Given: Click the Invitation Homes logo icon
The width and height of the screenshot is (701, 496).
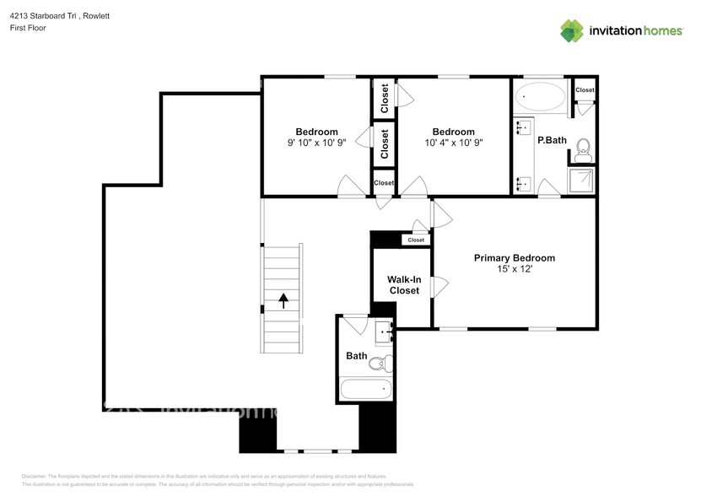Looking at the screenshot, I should tap(572, 30).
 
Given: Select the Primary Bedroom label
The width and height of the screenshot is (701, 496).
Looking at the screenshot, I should tap(514, 258).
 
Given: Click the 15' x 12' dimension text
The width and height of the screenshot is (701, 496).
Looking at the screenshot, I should tap(514, 270).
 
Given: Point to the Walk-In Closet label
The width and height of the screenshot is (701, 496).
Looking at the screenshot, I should tap(404, 285).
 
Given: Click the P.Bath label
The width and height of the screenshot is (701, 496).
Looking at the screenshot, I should tap(552, 140).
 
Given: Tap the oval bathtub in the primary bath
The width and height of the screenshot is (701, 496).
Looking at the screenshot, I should tap(541, 97).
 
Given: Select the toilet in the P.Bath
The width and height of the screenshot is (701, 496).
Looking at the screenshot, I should tap(583, 150).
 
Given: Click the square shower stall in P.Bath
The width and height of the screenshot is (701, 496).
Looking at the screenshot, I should tap(581, 182).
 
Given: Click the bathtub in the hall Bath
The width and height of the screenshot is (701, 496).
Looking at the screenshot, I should tap(367, 389).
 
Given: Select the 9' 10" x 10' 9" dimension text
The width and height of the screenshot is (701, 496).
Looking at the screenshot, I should tap(316, 143).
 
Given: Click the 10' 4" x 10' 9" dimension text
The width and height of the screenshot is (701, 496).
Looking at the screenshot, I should tap(453, 143).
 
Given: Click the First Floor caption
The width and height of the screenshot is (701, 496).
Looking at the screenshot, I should tap(28, 28).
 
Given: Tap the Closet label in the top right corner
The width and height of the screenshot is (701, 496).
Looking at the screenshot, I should tap(585, 89).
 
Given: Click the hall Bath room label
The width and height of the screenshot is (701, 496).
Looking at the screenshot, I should tap(356, 356).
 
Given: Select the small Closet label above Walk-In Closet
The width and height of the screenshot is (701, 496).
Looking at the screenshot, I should tap(416, 240).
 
